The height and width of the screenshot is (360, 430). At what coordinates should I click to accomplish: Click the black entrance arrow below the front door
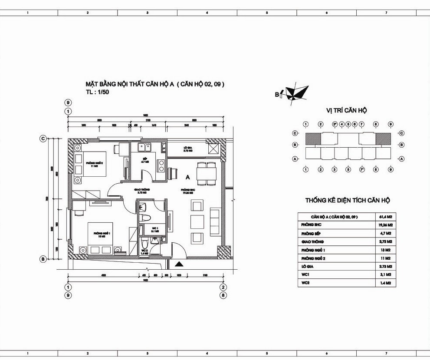[x=178, y=263]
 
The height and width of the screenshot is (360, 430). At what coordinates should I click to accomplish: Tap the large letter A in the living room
[x=187, y=177]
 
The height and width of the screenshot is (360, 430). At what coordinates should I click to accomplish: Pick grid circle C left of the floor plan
[x=43, y=139]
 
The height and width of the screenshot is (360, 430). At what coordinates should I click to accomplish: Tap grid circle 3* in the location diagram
[x=335, y=124]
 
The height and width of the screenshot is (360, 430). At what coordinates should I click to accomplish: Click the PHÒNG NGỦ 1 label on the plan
[x=101, y=235]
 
